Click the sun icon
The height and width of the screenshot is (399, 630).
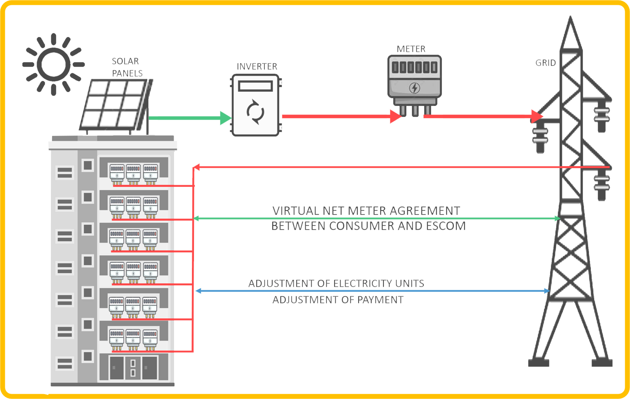tap(53, 64)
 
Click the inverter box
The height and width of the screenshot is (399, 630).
tap(256, 105)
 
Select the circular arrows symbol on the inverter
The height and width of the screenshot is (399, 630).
tap(256, 112)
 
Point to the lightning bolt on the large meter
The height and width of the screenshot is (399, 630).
tap(414, 88)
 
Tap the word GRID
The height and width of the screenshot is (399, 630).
tap(546, 63)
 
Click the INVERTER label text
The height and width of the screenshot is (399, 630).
tap(257, 66)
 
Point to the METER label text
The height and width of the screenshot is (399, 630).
tap(411, 49)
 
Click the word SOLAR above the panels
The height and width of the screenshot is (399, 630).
tap(125, 61)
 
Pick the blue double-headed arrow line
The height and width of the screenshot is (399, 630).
tap(372, 291)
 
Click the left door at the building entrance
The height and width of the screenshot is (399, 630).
tap(116, 368)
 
